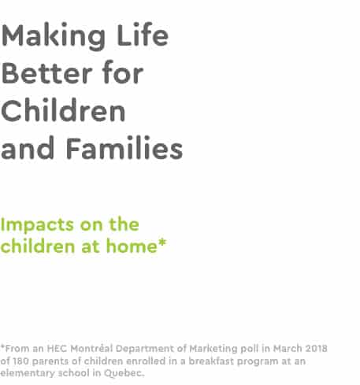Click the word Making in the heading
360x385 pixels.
point(54,37)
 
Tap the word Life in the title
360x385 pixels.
point(143,35)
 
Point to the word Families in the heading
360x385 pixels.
point(124,148)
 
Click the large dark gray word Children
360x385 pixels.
point(63,110)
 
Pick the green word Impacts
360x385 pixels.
point(37,225)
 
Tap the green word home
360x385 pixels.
point(132,246)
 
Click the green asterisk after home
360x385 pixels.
point(162,242)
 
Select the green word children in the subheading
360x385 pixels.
point(38,246)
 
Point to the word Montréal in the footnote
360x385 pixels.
point(92,349)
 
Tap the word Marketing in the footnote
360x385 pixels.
point(213,350)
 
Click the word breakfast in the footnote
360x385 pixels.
point(211,361)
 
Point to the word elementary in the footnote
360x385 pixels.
point(28,373)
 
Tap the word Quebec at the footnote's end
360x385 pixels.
point(124,373)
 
